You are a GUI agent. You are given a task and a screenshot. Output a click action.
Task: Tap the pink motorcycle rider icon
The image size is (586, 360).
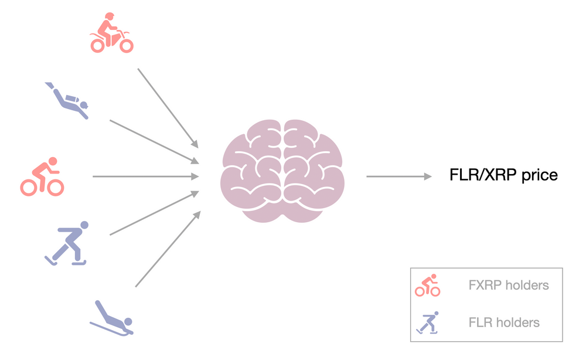(x=111, y=34)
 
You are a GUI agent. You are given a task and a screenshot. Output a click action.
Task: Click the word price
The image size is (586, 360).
(x=536, y=176)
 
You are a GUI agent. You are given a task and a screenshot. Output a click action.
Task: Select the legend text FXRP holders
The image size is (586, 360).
(x=509, y=286)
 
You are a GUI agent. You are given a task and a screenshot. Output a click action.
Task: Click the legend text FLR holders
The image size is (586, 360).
(x=504, y=322)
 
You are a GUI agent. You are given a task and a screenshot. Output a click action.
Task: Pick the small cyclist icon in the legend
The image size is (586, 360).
(x=428, y=285)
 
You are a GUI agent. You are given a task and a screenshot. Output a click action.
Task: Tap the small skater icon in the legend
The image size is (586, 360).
(x=427, y=322)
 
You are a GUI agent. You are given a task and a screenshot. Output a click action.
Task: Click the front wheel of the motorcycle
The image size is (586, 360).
(x=126, y=45)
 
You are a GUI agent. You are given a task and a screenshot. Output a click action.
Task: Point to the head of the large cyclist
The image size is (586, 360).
(x=53, y=161)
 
